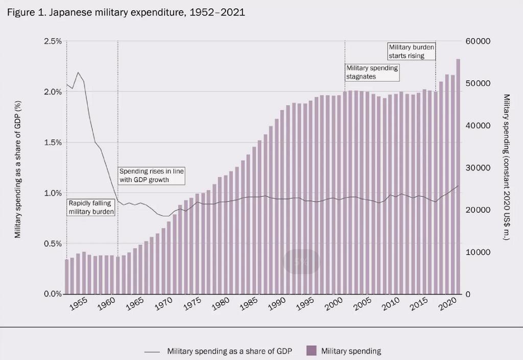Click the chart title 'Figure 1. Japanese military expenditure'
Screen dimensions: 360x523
(x=126, y=12)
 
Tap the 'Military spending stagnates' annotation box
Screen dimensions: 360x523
(x=372, y=72)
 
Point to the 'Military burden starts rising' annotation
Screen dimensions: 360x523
(x=412, y=51)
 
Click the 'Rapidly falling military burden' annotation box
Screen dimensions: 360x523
(x=90, y=207)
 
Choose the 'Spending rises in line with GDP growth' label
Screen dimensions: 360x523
(x=151, y=175)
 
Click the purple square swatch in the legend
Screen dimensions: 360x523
(x=311, y=351)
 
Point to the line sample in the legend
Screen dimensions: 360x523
(x=153, y=351)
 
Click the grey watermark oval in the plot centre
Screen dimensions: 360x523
(x=301, y=262)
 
